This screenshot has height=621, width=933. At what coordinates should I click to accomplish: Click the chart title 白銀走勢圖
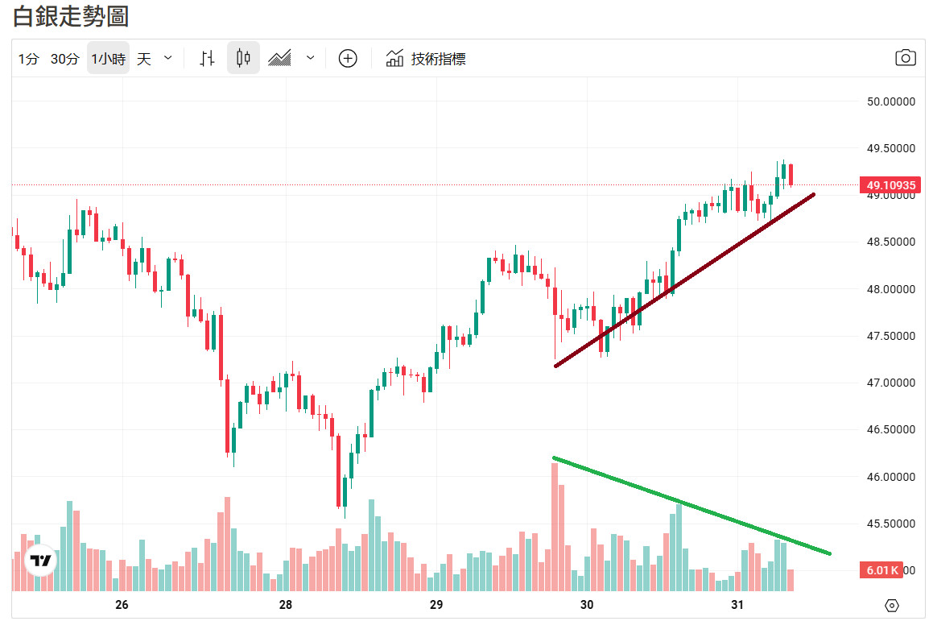point(71,16)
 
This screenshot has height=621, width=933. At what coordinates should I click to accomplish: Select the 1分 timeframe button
point(29,59)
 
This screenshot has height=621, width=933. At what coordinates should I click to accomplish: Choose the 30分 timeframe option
point(64,59)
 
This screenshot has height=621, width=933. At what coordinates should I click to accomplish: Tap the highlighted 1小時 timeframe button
point(108,59)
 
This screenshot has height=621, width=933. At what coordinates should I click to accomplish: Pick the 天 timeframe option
point(144,59)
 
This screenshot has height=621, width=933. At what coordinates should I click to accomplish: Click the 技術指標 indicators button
point(426,59)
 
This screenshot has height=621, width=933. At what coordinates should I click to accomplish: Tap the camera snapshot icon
point(906,58)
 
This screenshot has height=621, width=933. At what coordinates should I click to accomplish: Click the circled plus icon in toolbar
point(348,59)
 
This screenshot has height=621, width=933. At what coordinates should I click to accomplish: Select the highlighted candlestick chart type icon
point(243,59)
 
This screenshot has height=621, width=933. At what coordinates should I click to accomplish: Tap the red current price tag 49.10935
point(890,185)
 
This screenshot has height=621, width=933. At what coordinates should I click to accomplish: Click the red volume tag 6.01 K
point(883,570)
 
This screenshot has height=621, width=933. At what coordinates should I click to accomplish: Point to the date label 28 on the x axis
point(285,605)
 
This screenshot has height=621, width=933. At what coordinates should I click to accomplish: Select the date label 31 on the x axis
point(737,605)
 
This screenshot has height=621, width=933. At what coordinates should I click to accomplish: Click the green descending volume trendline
point(692,506)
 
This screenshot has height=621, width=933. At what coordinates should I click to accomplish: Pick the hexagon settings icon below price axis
point(891,606)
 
